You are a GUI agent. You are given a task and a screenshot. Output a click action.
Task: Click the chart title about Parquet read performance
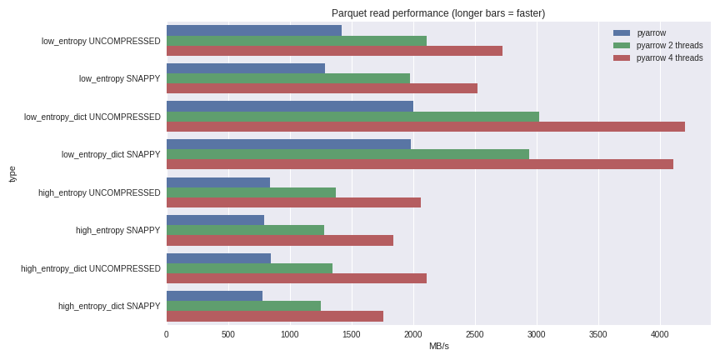pyautogui.click(x=437, y=13)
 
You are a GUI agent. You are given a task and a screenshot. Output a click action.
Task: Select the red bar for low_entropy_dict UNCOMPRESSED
pyautogui.click(x=425, y=127)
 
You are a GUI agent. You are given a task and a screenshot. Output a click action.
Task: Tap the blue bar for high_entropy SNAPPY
pyautogui.click(x=215, y=220)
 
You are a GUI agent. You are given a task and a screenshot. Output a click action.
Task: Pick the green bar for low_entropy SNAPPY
pyautogui.click(x=287, y=78)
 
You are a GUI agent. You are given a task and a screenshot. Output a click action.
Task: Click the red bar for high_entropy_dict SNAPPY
pyautogui.click(x=274, y=316)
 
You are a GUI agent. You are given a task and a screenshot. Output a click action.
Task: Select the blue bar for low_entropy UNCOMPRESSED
pyautogui.click(x=253, y=31)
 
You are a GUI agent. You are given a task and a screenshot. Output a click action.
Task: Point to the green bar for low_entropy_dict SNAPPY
pyautogui.click(x=347, y=154)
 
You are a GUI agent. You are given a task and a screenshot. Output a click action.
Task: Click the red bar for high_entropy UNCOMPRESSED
pyautogui.click(x=293, y=202)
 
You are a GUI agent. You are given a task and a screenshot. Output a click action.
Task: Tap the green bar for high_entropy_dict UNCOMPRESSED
pyautogui.click(x=249, y=268)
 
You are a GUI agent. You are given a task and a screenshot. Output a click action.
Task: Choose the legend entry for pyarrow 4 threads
pyautogui.click(x=669, y=57)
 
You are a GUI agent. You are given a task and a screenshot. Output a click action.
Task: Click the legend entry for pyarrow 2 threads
pyautogui.click(x=669, y=45)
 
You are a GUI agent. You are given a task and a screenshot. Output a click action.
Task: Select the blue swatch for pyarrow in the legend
pyautogui.click(x=622, y=33)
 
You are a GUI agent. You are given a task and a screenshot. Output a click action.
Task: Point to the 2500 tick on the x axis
pyautogui.click(x=475, y=334)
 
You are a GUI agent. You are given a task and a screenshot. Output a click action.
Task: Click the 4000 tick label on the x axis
pyautogui.click(x=660, y=334)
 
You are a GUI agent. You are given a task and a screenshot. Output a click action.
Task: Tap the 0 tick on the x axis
pyautogui.click(x=167, y=334)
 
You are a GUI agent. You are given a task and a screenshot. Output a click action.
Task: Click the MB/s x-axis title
pyautogui.click(x=438, y=347)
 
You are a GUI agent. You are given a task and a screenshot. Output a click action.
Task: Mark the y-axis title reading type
pyautogui.click(x=12, y=173)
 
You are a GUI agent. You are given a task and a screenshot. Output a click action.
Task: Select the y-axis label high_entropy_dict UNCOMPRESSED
pyautogui.click(x=91, y=268)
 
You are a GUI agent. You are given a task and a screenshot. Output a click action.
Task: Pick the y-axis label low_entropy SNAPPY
pyautogui.click(x=119, y=78)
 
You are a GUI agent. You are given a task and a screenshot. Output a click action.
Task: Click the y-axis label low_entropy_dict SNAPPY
pyautogui.click(x=111, y=154)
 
